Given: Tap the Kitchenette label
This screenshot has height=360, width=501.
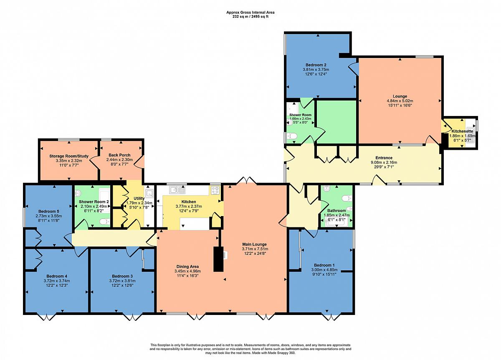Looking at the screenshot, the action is [462, 131].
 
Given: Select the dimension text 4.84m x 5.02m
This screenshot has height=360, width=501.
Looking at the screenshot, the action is [400, 101].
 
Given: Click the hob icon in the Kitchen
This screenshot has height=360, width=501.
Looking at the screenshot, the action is [215, 190].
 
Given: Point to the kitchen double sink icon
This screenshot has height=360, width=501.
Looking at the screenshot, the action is [177, 190].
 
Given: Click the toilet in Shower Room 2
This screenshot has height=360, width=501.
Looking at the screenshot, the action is [104, 222].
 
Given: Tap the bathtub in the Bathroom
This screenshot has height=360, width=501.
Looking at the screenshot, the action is [337, 223].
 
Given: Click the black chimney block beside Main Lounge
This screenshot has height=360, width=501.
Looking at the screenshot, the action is [218, 259].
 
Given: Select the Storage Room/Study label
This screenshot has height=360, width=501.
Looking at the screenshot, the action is [69, 156].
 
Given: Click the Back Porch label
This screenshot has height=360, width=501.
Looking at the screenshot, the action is [119, 155].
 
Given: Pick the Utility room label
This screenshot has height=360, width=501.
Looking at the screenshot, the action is [139, 198].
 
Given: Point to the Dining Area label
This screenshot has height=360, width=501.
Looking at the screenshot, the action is [187, 267].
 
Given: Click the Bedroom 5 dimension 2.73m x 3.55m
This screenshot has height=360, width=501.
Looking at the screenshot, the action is [49, 216].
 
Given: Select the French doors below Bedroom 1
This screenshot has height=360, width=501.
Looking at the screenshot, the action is [331, 317].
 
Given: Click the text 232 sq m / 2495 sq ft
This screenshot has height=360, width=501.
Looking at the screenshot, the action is [250, 17].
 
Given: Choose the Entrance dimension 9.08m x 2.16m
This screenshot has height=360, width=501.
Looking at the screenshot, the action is [384, 162].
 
